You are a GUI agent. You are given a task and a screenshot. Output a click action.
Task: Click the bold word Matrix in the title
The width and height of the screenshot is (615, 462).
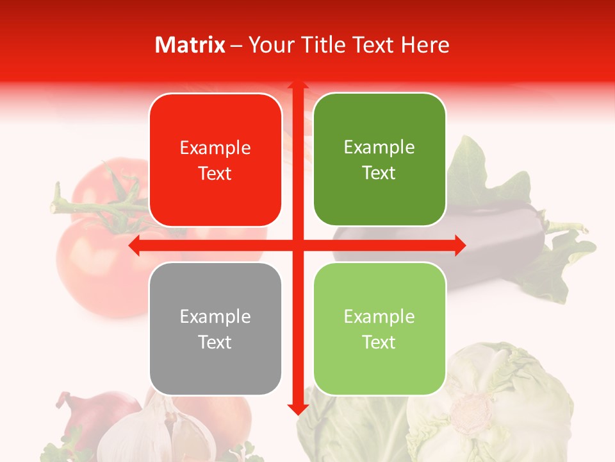click(190, 45)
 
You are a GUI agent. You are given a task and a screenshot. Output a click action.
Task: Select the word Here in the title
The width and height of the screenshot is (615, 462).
click(425, 45)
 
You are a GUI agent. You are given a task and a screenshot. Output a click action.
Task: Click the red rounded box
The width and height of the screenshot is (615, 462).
click(215, 160)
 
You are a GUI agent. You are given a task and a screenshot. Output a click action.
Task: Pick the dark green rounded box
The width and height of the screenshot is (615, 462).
click(379, 160)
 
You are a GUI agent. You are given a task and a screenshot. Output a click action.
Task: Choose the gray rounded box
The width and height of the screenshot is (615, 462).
click(215, 329)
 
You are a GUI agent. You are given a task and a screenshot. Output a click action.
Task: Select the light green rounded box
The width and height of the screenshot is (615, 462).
click(379, 329)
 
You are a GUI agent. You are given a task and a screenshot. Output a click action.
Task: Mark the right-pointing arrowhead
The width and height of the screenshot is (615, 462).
click(460, 246)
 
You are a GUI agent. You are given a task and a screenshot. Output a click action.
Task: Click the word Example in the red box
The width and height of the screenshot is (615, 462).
click(215, 148)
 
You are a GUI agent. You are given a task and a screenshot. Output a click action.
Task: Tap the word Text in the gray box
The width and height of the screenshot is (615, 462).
click(215, 342)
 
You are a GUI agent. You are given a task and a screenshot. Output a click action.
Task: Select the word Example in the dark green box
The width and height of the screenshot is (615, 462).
click(379, 148)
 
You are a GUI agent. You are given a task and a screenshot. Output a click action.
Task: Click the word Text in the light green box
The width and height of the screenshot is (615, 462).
click(379, 342)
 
